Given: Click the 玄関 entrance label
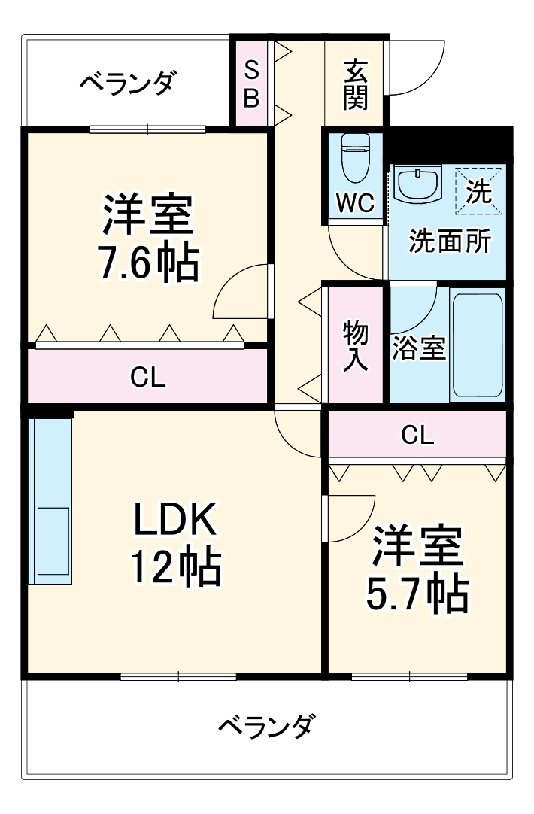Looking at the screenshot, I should (x=355, y=84).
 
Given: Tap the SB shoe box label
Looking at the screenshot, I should (x=252, y=84).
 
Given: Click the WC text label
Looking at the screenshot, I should (x=354, y=204).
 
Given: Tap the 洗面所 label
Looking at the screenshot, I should (x=450, y=242).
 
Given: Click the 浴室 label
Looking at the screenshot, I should (x=419, y=348).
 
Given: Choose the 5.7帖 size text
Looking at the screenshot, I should (x=417, y=594).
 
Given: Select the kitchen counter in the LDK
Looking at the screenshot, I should (x=50, y=500).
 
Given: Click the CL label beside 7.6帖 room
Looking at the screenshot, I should (x=147, y=377).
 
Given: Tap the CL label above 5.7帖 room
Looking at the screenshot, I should (x=417, y=434).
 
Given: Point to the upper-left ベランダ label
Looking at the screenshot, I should (x=128, y=82).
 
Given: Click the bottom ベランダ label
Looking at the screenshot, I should (x=265, y=726).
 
